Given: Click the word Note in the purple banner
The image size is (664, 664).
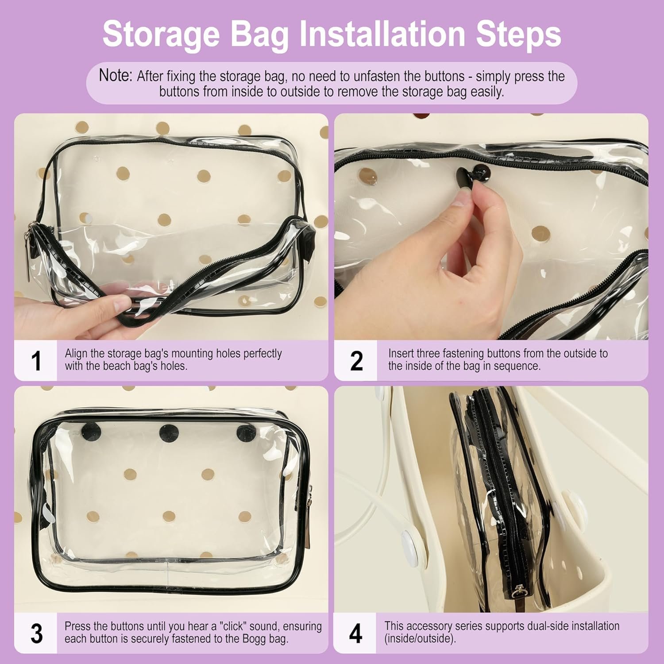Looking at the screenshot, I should click(x=115, y=75).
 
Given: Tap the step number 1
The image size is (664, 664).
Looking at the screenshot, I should click(x=36, y=361).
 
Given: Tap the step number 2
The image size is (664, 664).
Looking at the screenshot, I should click(x=356, y=361).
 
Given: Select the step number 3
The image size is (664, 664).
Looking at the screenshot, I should click(x=36, y=633).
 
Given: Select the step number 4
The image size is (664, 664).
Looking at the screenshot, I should click(x=355, y=633).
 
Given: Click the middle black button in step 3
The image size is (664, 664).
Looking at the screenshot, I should click(x=168, y=433).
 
